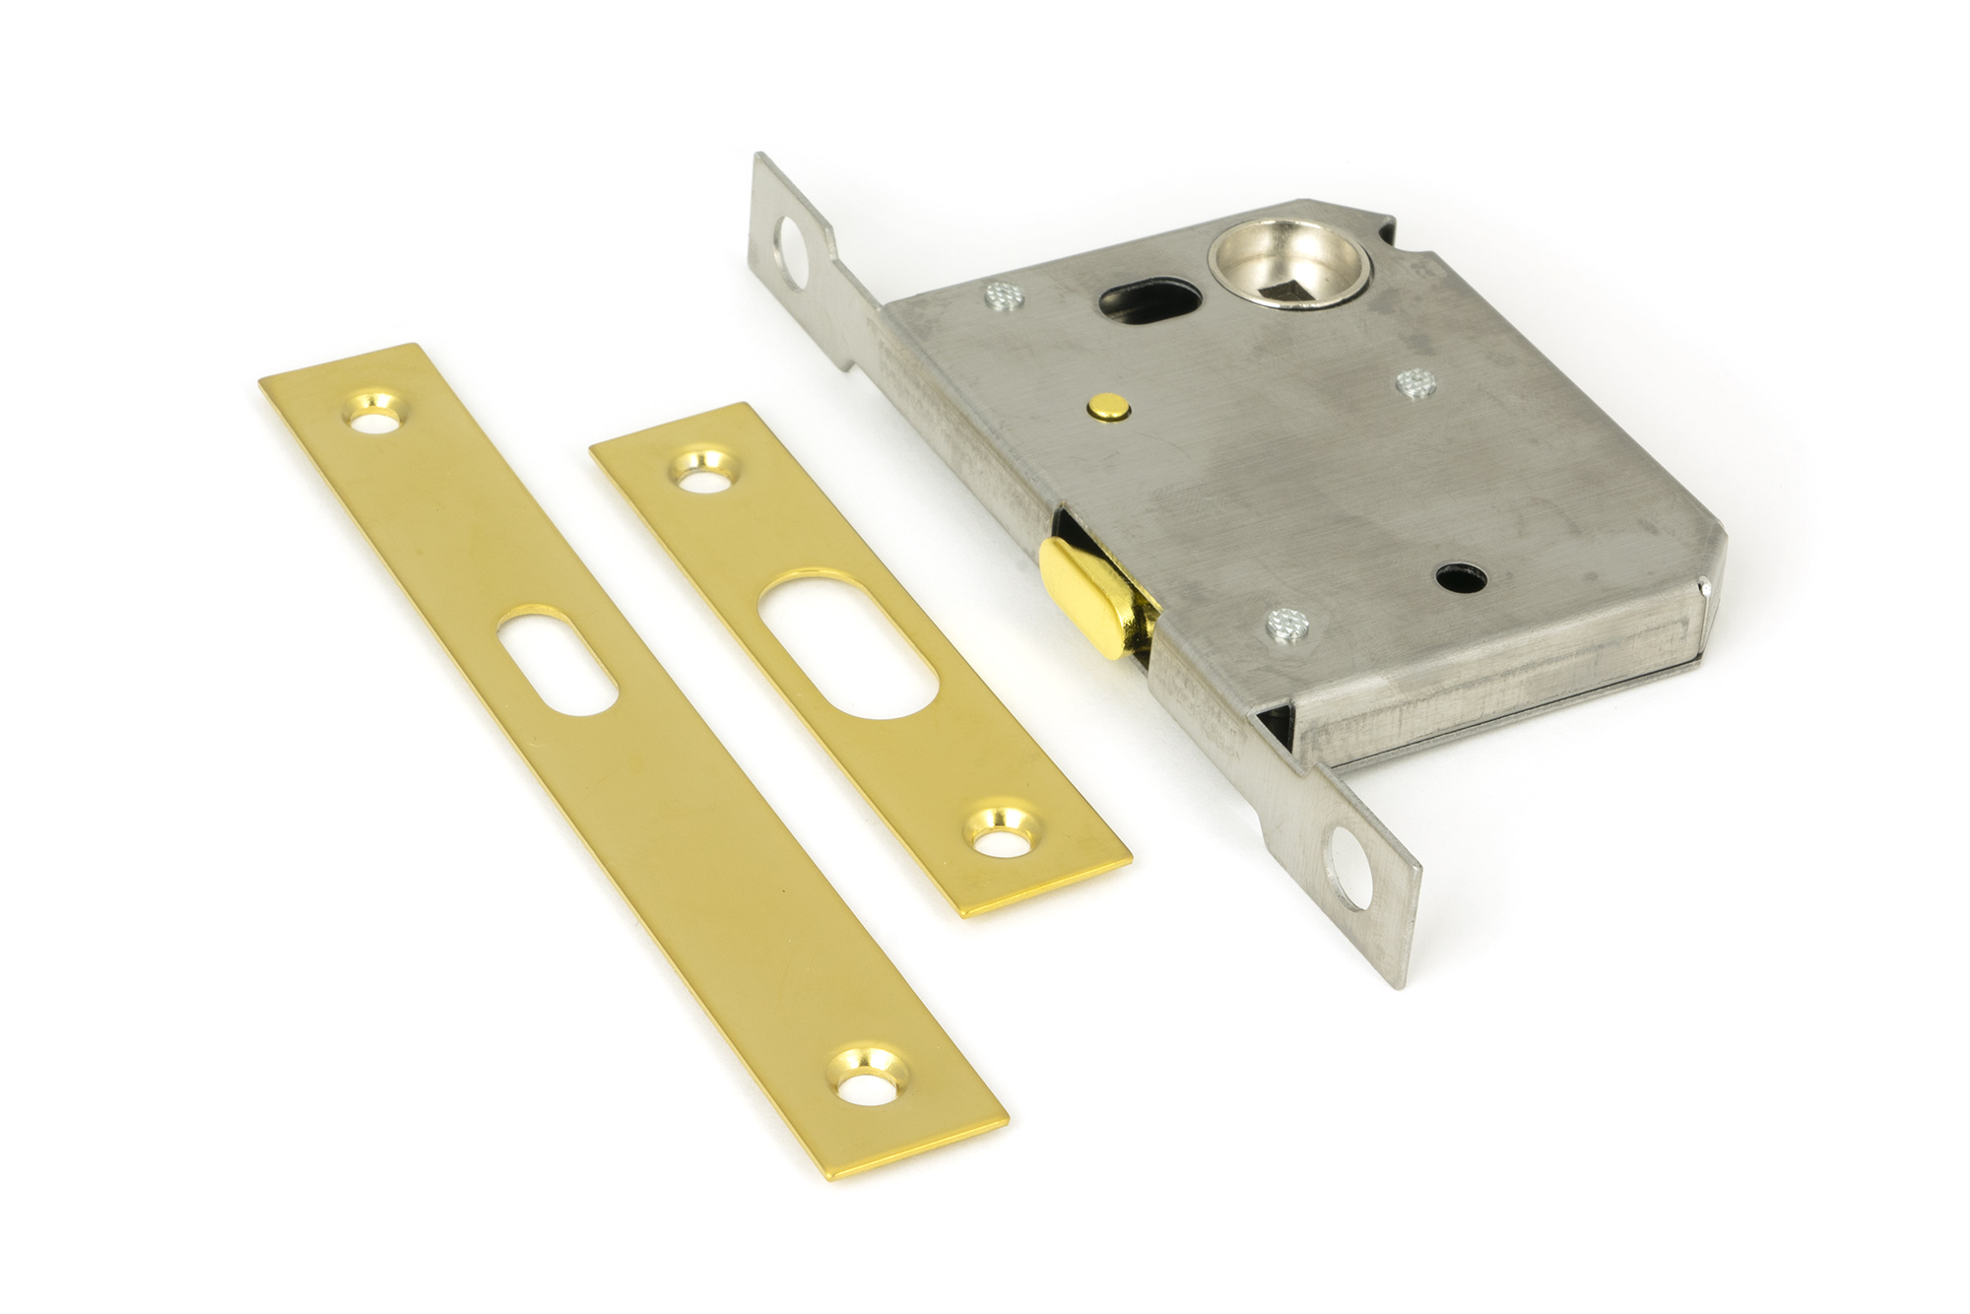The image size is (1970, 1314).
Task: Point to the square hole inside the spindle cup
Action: coord(1293,262)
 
